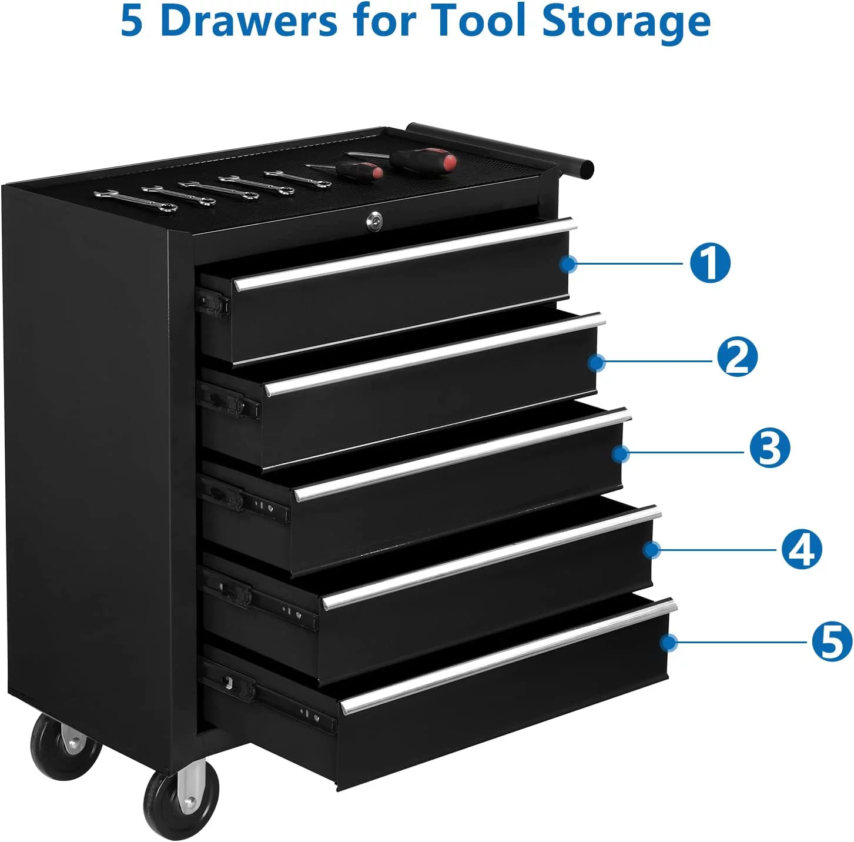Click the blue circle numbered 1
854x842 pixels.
709,263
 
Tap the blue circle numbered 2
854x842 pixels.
737,356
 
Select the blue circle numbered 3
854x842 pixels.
769,449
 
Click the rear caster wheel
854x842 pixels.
66,747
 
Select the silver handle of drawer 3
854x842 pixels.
463,455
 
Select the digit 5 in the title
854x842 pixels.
132,21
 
